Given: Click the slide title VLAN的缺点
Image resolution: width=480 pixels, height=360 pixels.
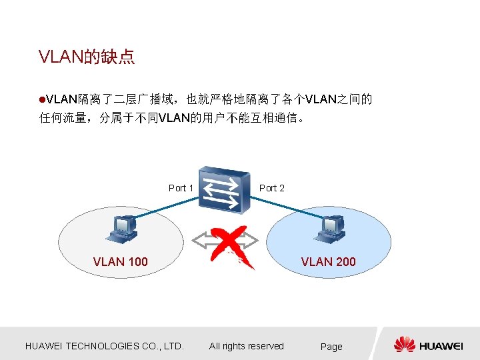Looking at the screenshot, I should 87,57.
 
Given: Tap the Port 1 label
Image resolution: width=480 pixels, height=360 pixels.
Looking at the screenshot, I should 181,188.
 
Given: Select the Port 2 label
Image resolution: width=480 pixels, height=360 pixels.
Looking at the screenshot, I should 271,188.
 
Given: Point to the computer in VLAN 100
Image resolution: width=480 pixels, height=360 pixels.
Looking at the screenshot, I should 122,229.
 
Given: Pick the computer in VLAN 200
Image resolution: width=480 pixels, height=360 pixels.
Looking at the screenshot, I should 330,229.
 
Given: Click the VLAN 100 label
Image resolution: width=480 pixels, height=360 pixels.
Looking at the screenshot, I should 121,262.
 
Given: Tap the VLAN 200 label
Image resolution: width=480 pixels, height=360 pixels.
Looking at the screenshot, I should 328,262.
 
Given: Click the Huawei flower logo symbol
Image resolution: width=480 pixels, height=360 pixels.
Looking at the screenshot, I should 404,345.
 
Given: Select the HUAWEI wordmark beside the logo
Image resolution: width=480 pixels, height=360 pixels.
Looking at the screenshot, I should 441,346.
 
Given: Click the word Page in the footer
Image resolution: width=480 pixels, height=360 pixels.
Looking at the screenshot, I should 331,347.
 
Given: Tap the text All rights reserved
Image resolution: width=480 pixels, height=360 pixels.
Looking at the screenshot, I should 247,346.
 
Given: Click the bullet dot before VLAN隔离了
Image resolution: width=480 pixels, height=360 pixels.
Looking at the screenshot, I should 42,100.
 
